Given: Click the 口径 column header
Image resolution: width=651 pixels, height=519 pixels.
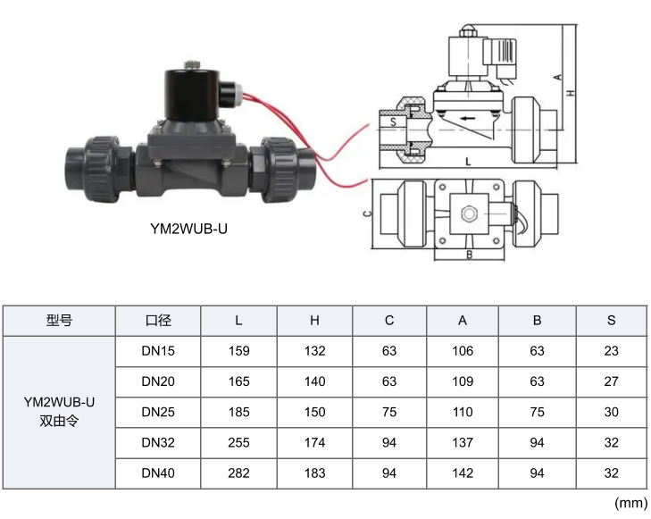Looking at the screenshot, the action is pyautogui.click(x=158, y=321).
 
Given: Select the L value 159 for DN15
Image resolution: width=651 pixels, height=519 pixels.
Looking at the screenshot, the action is pyautogui.click(x=238, y=351).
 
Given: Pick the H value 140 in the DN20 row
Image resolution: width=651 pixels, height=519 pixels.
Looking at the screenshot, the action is pyautogui.click(x=314, y=381).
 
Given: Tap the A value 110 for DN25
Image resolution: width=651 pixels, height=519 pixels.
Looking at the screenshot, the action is pyautogui.click(x=463, y=413).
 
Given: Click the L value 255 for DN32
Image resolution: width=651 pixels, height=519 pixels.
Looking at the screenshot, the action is pyautogui.click(x=238, y=442).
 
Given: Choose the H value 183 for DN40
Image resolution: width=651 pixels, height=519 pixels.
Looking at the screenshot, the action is pyautogui.click(x=314, y=473).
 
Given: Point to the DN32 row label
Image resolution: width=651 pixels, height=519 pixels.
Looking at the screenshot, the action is pyautogui.click(x=158, y=442).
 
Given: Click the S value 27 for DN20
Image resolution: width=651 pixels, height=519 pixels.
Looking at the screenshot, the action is pyautogui.click(x=611, y=381).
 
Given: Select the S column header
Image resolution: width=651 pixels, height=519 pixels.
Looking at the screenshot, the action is pyautogui.click(x=611, y=321).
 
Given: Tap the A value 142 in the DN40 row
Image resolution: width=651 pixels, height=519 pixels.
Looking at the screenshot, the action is pyautogui.click(x=463, y=473).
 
